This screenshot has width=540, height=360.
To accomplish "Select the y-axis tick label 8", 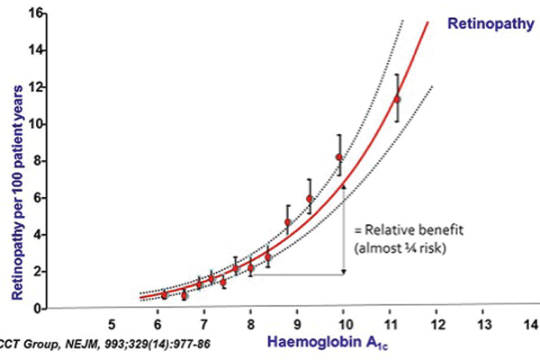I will [39, 161].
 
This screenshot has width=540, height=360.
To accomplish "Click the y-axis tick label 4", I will [39, 235].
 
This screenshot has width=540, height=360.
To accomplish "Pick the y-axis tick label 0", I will [39, 309].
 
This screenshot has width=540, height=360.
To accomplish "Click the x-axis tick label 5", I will [112, 323].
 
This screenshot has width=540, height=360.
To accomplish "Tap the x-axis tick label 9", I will [297, 323].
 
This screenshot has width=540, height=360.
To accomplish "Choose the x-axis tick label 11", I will [390, 323].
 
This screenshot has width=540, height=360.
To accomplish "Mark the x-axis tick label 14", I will [530, 323].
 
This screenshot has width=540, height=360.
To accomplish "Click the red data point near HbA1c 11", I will [397, 98].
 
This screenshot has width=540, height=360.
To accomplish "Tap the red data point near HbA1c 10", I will [339, 157].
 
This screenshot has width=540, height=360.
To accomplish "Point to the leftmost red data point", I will [164, 295].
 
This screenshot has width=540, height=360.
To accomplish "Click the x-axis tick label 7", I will [204, 323].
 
